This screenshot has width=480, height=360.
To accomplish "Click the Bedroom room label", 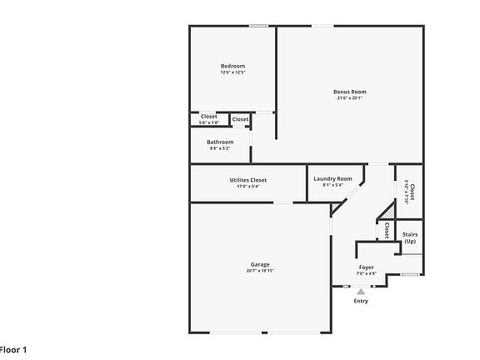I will coord(232,66).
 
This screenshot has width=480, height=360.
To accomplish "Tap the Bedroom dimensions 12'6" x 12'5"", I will coord(232,72).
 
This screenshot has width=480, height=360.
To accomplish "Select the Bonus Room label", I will coord(349,92).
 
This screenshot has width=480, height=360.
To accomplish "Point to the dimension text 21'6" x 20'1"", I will coord(349,98).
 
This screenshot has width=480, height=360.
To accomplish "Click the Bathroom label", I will coord(220,142).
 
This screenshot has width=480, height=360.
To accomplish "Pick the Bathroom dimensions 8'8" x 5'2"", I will coord(220,148).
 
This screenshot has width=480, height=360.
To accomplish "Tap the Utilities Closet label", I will coord(248,180).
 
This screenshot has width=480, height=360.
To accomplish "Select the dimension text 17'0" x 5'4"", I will coord(248,187).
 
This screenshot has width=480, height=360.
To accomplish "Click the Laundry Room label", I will coord(332,178).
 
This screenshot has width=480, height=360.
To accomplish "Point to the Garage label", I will coord(260,264).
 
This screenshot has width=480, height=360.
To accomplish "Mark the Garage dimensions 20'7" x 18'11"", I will coord(260,271).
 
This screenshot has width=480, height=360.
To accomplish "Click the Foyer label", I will coord(366,267).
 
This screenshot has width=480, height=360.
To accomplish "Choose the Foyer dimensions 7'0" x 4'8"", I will coord(366,273).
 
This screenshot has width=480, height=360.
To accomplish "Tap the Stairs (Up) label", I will coord(410,237).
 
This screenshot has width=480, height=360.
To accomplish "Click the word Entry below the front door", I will coord(360,301).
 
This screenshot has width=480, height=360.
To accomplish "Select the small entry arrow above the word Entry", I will coord(360,292).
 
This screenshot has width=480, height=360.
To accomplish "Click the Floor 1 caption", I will coord(13,350).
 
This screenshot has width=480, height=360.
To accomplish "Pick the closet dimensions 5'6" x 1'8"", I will coord(208,123).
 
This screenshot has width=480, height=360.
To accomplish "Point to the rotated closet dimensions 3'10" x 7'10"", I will coord(407,192).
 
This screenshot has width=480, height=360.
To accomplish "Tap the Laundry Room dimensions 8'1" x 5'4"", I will coord(332,185).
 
